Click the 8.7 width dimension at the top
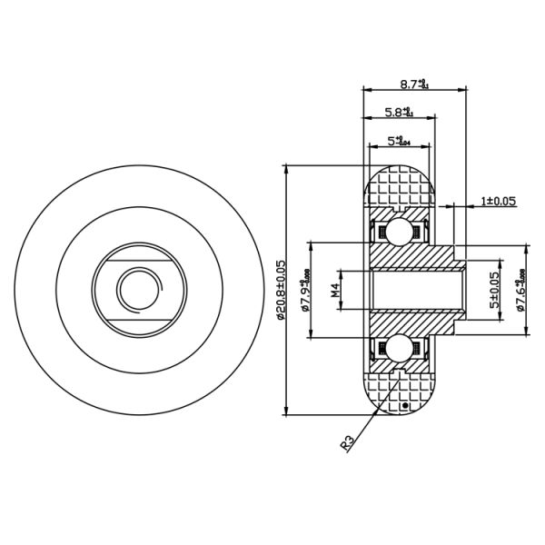coord(414,84)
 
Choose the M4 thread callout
coord(334,291)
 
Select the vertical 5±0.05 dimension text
coord(495,291)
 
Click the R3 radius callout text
coord(347,442)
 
